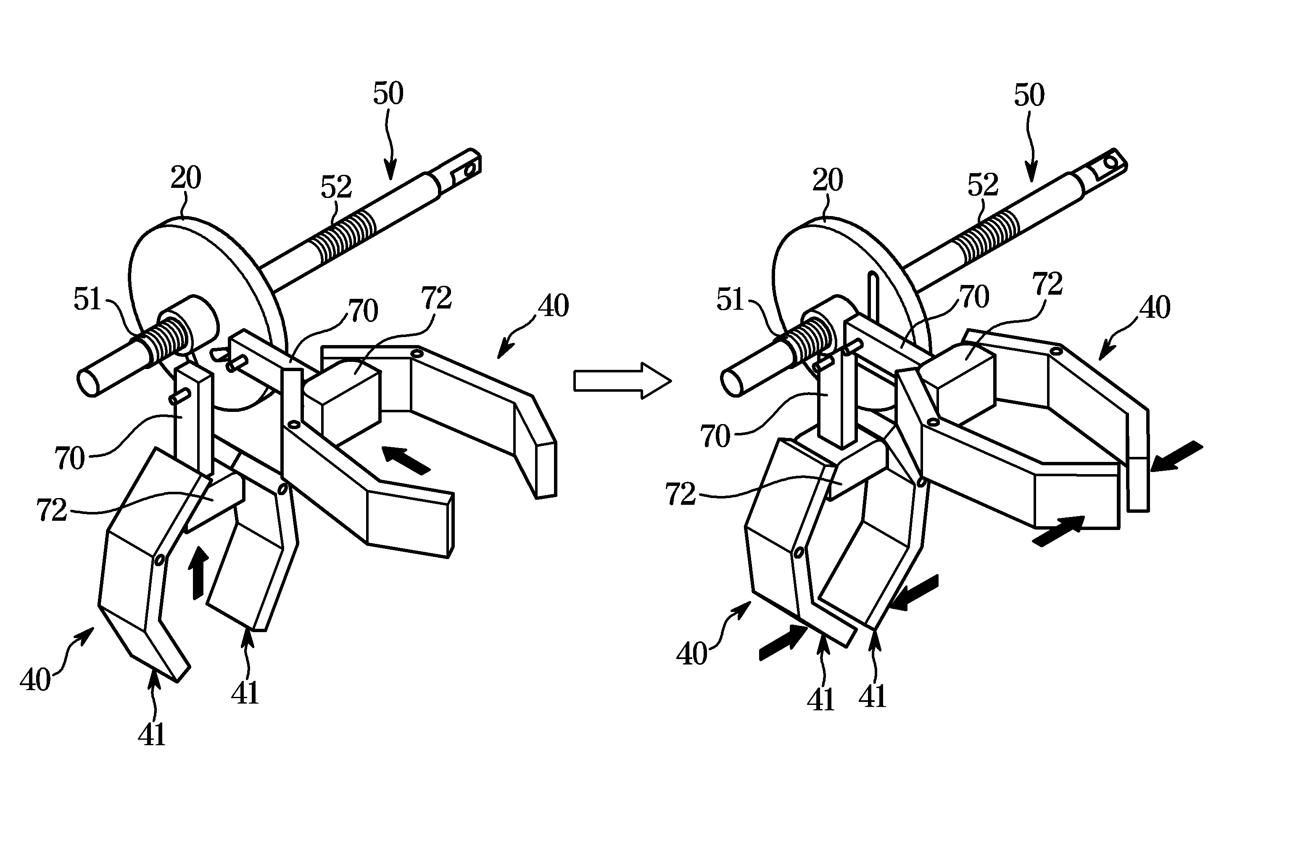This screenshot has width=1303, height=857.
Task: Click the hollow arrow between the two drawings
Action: point(622,380)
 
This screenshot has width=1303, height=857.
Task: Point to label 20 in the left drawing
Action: point(186,177)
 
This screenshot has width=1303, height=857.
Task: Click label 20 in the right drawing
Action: point(827,179)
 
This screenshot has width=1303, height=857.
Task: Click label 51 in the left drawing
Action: point(87,300)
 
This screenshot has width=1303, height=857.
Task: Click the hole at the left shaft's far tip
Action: point(469,171)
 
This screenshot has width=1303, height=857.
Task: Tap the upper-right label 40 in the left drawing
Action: point(554,306)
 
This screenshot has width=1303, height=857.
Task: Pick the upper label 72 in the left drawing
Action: point(436,298)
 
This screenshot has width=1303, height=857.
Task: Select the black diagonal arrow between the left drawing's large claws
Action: point(406,459)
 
